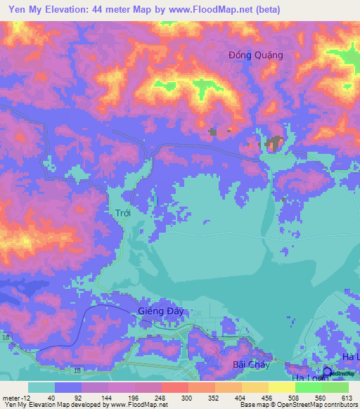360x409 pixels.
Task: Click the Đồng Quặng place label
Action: click(x=255, y=56)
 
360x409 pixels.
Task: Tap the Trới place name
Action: click(x=123, y=212)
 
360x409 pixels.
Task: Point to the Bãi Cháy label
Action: click(x=247, y=365)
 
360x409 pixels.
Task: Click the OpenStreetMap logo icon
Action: click(x=328, y=372)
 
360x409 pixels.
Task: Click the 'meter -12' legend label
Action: click(x=13, y=397)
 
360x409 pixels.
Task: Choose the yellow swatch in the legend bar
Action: click(x=281, y=387)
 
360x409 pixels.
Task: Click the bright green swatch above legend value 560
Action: click(x=308, y=387)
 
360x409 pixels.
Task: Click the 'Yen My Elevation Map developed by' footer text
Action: click(x=53, y=405)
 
